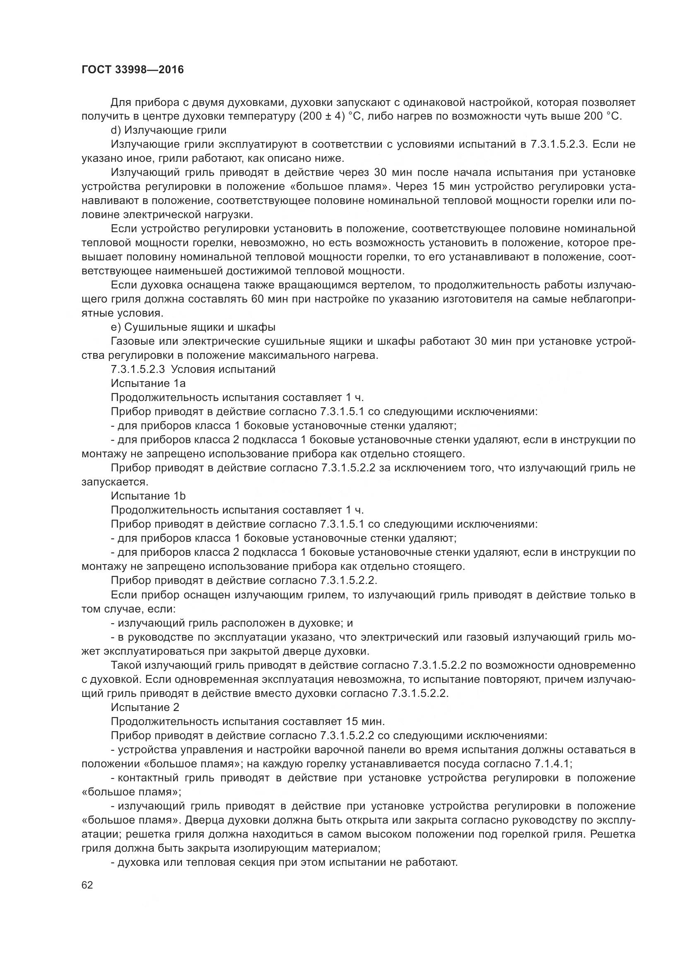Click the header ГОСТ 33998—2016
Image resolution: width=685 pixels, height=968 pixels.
pos(133,70)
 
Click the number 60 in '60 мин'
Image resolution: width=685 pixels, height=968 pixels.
pos(257,299)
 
